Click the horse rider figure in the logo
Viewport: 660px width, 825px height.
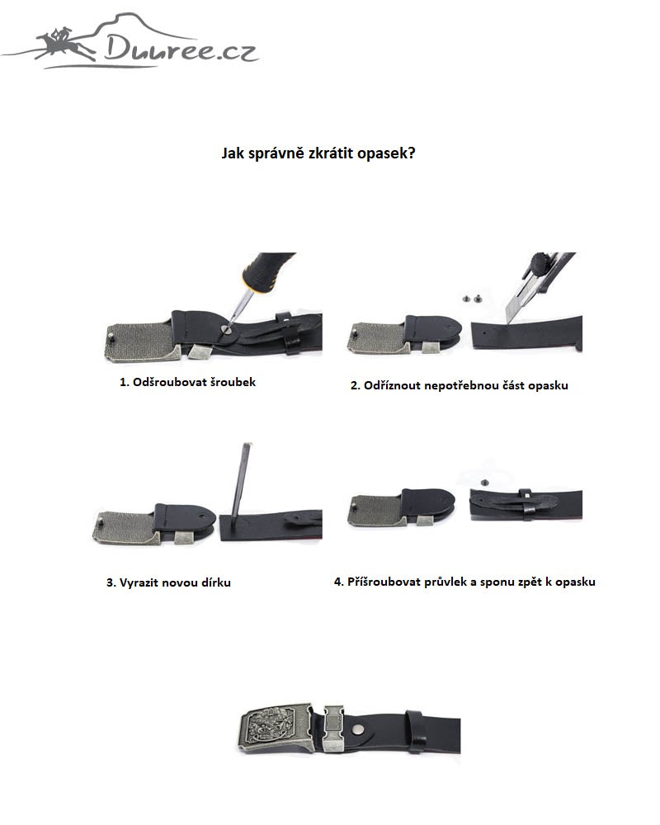tap(66, 43)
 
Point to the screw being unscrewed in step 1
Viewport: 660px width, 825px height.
tap(226, 329)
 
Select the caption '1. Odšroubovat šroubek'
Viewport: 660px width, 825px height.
tap(187, 383)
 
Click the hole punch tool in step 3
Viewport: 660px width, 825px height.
tap(241, 480)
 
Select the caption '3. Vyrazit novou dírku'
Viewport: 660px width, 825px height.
tap(168, 582)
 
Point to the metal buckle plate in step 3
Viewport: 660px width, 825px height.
tap(125, 527)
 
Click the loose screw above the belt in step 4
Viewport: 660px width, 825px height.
tap(485, 482)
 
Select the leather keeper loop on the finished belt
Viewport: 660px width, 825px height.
tap(417, 730)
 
